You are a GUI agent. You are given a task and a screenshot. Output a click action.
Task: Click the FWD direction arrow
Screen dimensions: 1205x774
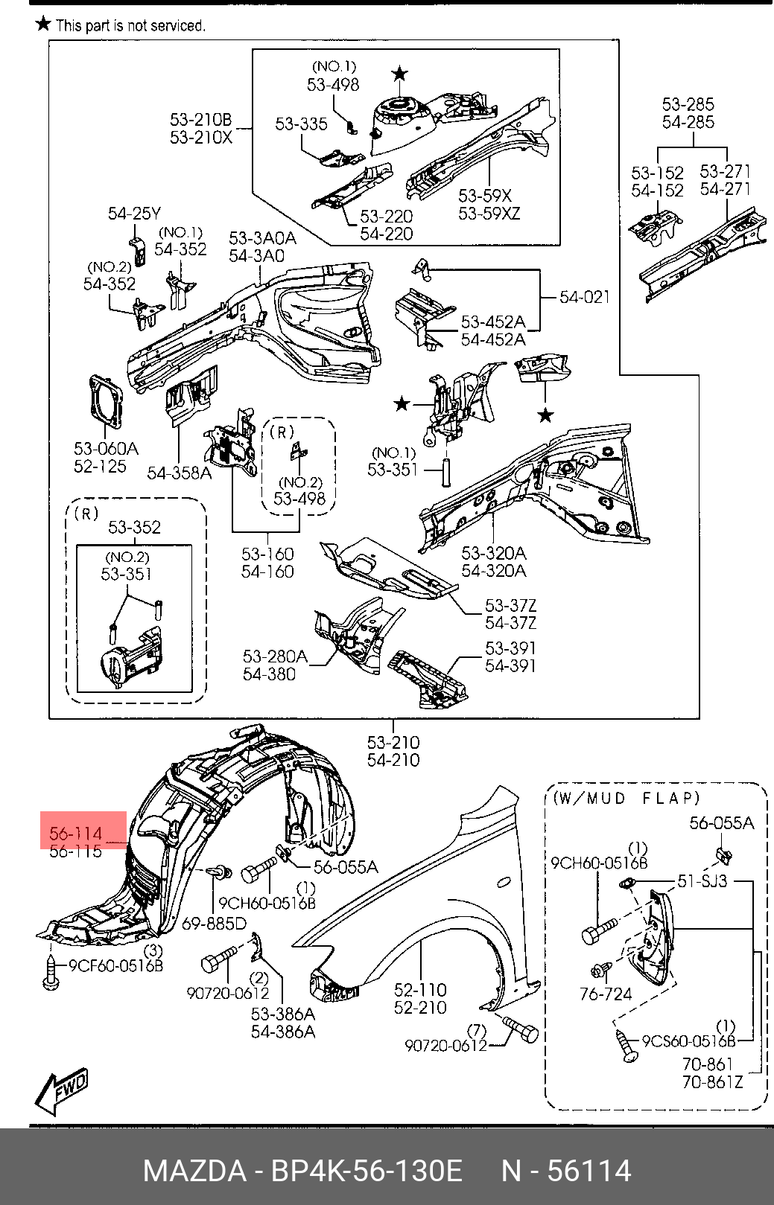(61, 1091)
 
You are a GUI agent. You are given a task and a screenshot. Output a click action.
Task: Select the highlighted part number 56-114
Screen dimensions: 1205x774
(75, 833)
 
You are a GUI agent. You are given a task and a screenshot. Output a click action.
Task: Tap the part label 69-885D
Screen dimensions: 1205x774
(214, 924)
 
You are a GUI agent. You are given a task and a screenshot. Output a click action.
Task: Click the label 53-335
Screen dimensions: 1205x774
(301, 124)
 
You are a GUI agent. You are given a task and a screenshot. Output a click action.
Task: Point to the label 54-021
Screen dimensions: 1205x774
(585, 297)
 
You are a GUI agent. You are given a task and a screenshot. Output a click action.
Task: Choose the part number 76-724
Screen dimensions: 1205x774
(605, 994)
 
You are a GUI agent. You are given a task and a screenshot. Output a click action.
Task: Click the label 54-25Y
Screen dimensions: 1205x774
(134, 214)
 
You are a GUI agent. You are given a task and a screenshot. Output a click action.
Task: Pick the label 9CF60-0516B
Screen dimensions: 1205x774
(115, 966)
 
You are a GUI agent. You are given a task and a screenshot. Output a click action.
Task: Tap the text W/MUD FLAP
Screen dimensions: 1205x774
(627, 798)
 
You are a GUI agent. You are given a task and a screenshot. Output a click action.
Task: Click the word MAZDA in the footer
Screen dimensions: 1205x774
(194, 1171)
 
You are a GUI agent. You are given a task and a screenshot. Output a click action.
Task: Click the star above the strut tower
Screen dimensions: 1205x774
(400, 73)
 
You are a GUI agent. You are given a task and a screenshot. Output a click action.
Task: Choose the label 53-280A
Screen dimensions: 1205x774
(274, 656)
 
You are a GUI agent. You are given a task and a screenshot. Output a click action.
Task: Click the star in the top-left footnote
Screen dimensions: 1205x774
(44, 24)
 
